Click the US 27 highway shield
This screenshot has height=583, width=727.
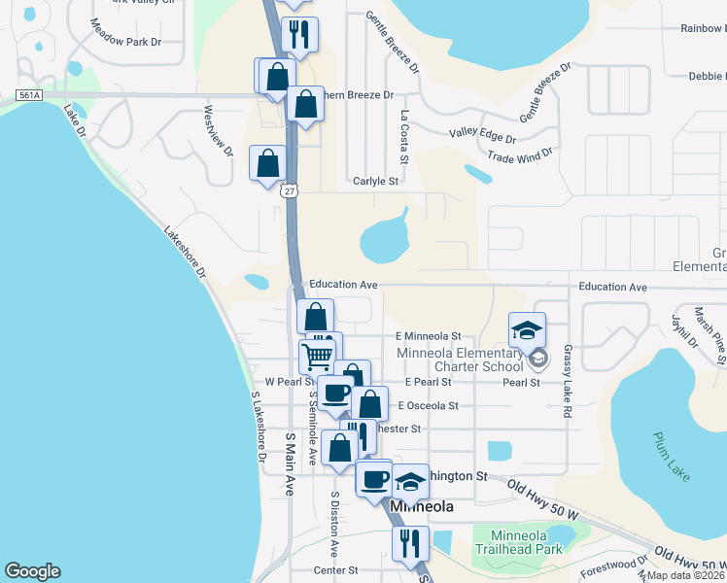point(290,190)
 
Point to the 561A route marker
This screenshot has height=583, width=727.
point(27,95)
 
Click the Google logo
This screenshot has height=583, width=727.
point(32,571)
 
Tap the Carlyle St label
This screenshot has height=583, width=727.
point(376,181)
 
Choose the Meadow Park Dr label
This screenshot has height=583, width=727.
point(125,42)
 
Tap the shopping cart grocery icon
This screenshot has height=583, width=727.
point(318,356)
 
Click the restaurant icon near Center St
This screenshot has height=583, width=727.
point(410,543)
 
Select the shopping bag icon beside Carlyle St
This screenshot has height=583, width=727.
point(267,162)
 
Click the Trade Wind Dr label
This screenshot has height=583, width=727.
point(519,154)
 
